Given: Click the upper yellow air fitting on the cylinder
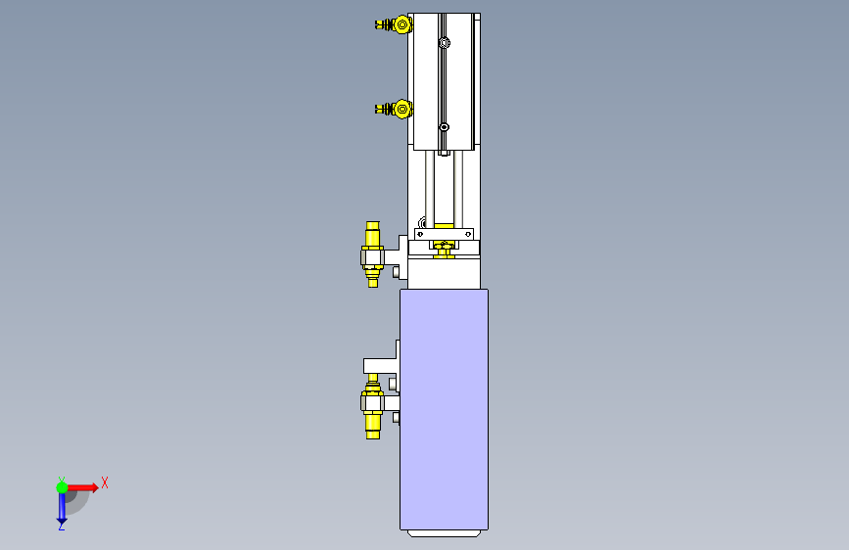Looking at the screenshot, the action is pyautogui.click(x=395, y=24).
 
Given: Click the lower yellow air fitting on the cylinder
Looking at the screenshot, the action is pyautogui.click(x=395, y=110).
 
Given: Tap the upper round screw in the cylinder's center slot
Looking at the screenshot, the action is pyautogui.click(x=445, y=43).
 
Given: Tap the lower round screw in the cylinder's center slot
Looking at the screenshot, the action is pyautogui.click(x=444, y=127).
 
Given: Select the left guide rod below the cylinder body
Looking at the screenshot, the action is pyautogui.click(x=430, y=190).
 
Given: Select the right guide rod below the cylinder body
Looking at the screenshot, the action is pyautogui.click(x=458, y=190).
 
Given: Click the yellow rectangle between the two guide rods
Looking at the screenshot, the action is pyautogui.click(x=444, y=226).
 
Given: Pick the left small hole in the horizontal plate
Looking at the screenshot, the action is pyautogui.click(x=420, y=235).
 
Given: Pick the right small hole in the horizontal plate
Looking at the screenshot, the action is pyautogui.click(x=468, y=235).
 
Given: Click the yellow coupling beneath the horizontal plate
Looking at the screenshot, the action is pyautogui.click(x=444, y=250).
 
